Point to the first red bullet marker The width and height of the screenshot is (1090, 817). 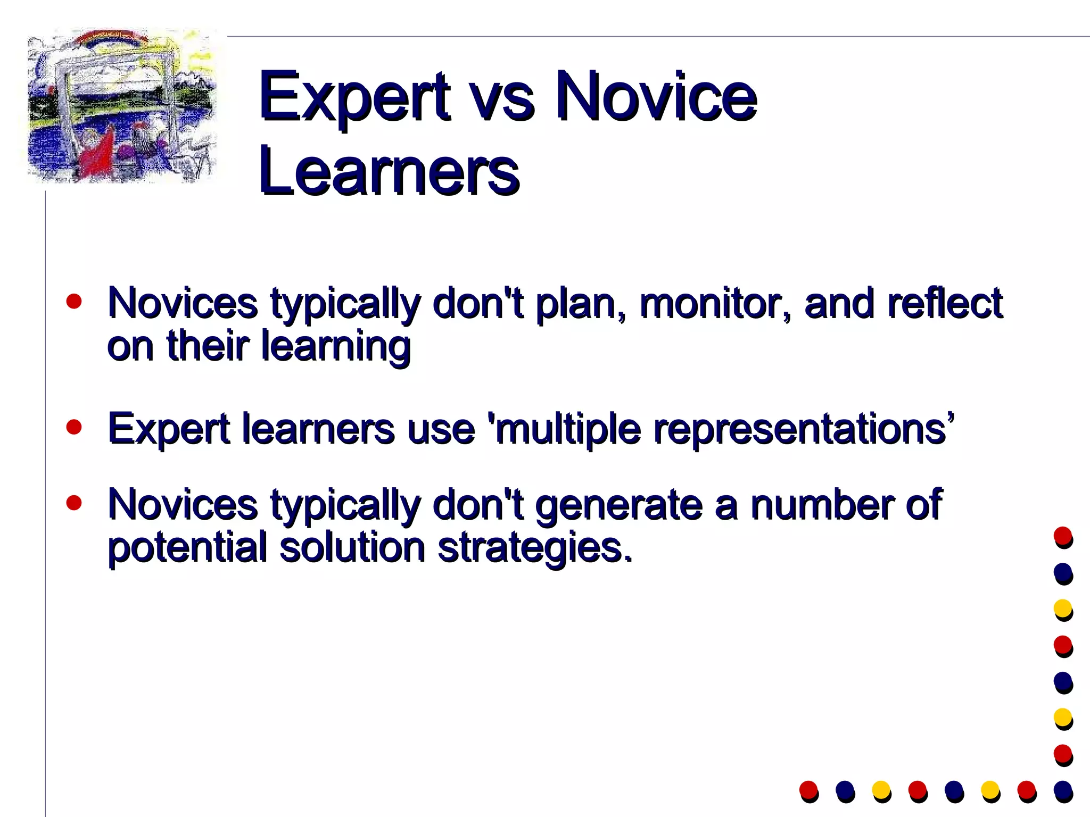(x=75, y=302)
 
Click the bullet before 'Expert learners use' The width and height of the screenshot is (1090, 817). (x=75, y=427)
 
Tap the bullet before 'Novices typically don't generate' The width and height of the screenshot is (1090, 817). (x=75, y=503)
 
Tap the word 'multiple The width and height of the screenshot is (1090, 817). (x=564, y=430)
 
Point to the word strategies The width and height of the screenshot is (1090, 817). (x=535, y=548)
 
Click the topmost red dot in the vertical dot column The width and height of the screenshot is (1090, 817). (x=1063, y=536)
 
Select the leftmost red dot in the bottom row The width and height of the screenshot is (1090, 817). (x=808, y=790)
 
